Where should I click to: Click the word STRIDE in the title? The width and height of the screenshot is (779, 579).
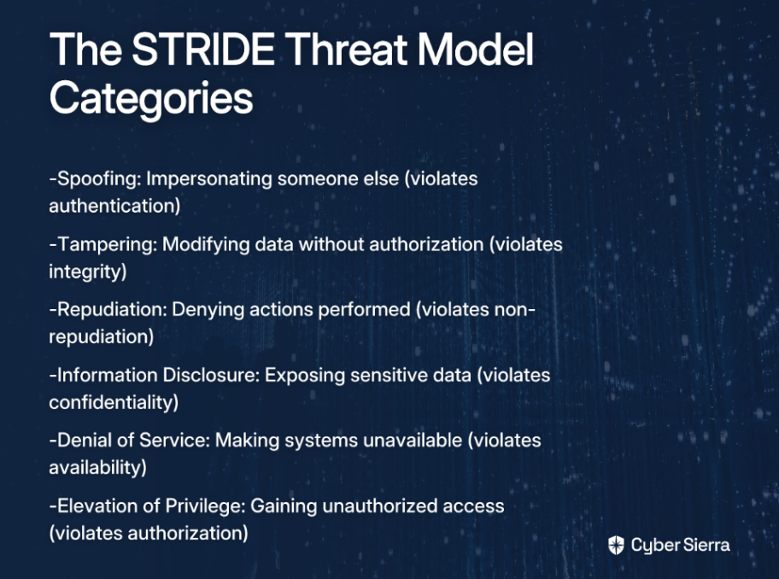click(203, 50)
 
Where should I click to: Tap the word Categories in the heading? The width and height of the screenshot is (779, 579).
click(151, 99)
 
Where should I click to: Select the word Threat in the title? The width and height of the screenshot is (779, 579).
click(345, 50)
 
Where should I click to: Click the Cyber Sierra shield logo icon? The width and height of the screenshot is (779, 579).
click(616, 545)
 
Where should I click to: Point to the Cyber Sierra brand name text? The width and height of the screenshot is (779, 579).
click(680, 545)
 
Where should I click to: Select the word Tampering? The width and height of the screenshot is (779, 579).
click(107, 244)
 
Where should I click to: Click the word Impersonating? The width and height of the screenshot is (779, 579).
click(209, 179)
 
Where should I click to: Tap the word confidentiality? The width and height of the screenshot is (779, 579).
click(111, 402)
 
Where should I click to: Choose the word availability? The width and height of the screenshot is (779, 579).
click(96, 468)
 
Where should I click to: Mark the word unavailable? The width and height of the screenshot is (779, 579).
click(413, 441)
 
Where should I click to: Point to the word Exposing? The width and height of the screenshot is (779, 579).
click(305, 376)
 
